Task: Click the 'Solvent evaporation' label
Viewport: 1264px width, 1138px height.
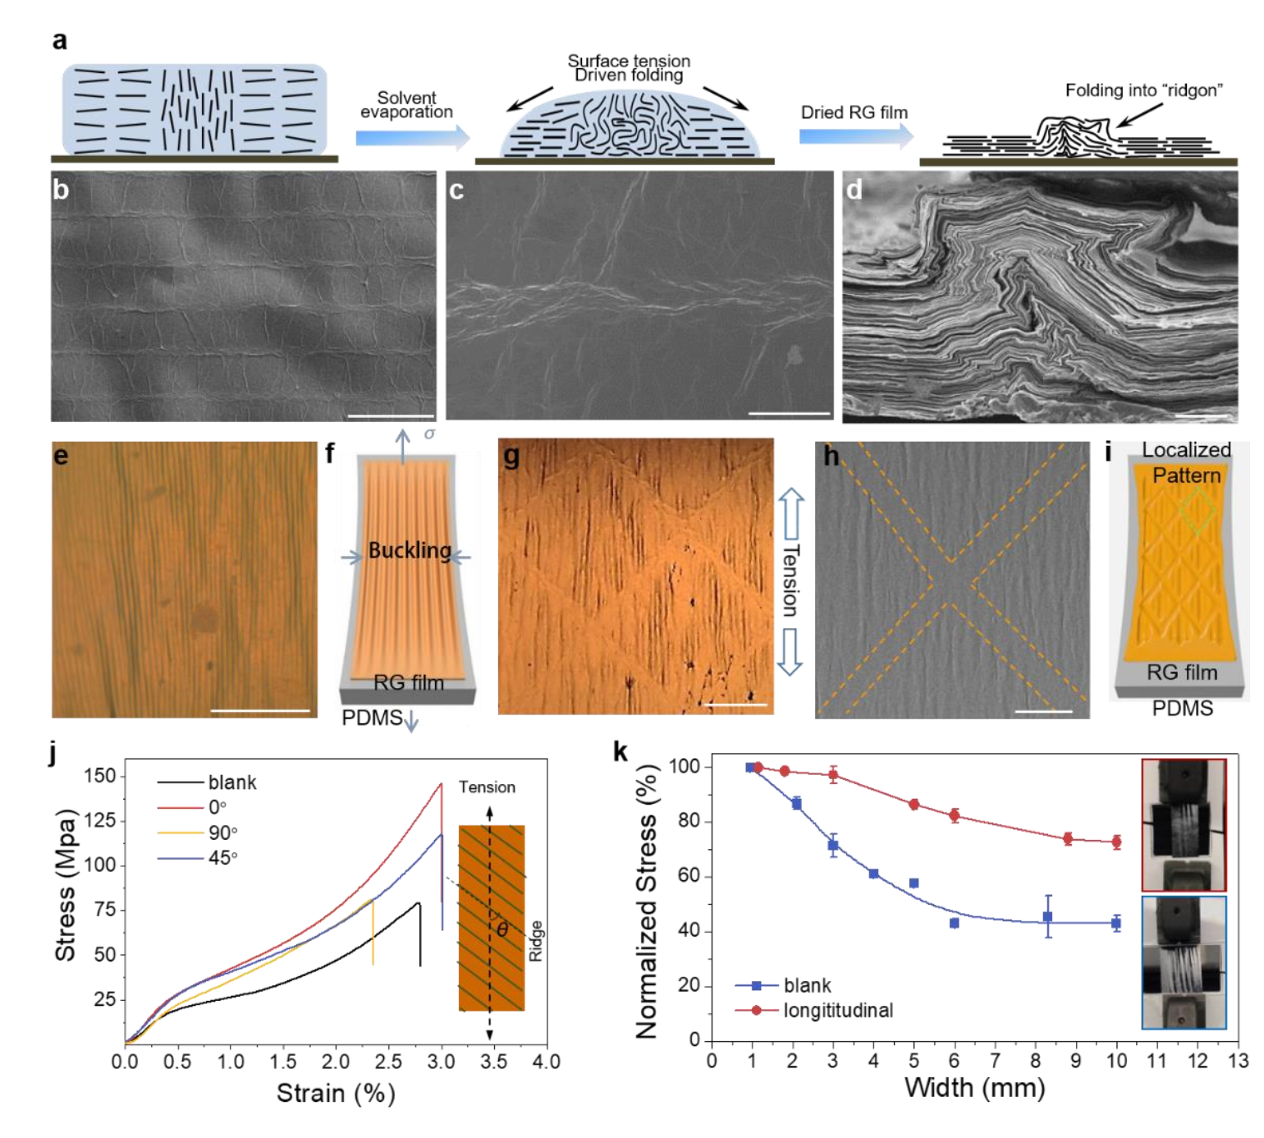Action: point(406,105)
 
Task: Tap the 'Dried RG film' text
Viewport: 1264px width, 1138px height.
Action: point(854,112)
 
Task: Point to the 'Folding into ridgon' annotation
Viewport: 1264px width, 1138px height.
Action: point(1143,90)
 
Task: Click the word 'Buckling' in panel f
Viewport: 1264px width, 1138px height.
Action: point(409,550)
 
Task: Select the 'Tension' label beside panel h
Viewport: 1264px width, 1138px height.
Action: point(790,580)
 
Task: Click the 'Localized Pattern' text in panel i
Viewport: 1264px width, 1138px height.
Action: point(1186,462)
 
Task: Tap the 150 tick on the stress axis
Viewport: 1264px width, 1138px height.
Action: point(99,776)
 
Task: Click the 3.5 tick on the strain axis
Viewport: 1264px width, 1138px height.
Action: point(494,1062)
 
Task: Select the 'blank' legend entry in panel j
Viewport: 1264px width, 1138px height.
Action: point(232,782)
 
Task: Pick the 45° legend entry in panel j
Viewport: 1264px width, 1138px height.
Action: point(222,858)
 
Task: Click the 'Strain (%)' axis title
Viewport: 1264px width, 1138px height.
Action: point(336,1094)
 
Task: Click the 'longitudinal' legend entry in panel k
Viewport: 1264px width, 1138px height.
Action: point(837,1010)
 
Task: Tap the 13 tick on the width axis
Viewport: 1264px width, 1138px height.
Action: point(1237,1061)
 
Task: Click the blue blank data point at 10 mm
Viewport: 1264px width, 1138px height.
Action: point(1115,923)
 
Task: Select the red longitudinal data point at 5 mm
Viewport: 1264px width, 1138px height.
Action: point(914,805)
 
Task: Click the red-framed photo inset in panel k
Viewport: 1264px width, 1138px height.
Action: point(1183,824)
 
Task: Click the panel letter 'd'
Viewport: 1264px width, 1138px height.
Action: point(854,190)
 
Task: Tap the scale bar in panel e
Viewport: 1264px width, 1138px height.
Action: point(260,710)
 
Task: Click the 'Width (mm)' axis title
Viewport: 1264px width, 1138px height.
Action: point(974,1089)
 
